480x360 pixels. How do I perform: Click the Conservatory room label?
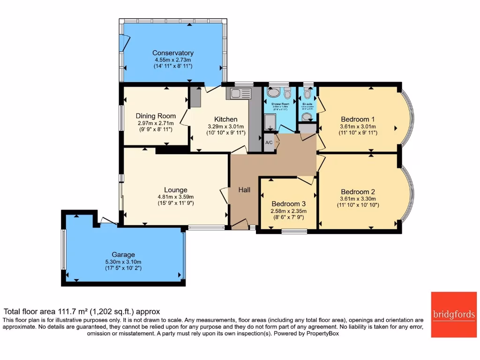pos(173,53)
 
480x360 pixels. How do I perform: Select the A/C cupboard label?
pos(269,142)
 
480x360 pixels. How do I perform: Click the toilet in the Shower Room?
pos(287,93)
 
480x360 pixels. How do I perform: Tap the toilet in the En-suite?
pos(307,93)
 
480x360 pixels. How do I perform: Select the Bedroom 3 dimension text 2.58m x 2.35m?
pos(289,211)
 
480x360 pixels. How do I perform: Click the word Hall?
pos(244,190)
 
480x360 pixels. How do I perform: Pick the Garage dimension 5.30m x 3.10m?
pos(123,262)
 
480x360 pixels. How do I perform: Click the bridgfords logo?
pos(453,315)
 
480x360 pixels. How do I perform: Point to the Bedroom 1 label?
pos(357,119)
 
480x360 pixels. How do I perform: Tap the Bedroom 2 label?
pos(358,192)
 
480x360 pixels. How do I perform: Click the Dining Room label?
pos(156,116)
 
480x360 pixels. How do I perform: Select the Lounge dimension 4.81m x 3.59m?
pos(176,197)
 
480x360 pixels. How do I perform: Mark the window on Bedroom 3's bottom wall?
pos(294,231)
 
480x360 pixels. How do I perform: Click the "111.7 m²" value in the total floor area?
pos(72,311)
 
